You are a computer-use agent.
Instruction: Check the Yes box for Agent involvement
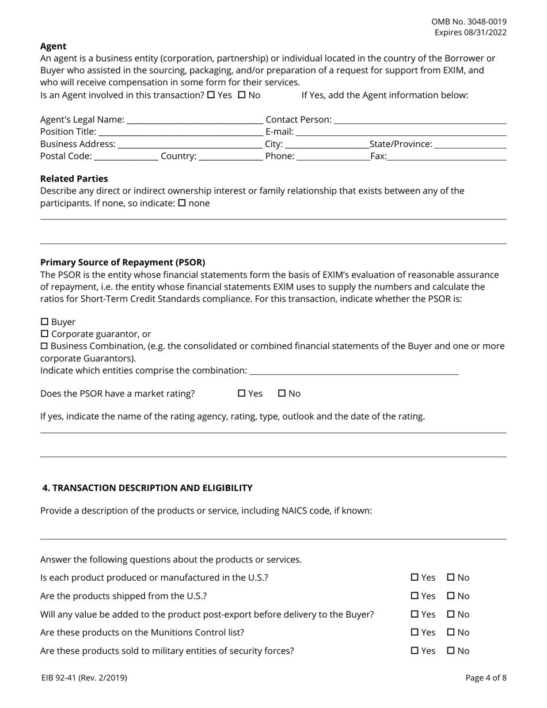[x=211, y=95]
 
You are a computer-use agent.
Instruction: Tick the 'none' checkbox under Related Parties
[x=182, y=203]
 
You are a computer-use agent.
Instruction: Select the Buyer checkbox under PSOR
[x=44, y=322]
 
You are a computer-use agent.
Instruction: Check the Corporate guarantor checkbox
[x=44, y=334]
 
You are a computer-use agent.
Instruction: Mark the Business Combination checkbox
[x=44, y=346]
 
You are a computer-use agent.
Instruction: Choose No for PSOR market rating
[x=282, y=394]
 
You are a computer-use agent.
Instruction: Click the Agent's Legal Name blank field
[x=195, y=120]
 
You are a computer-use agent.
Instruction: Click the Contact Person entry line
[x=420, y=120]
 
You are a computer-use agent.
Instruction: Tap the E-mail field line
[x=401, y=132]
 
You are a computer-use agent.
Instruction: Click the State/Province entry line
[x=470, y=144]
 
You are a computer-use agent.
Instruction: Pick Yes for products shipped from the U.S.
[x=415, y=596]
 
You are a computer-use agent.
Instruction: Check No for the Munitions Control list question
[x=451, y=632]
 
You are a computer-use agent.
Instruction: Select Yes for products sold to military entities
[x=415, y=651]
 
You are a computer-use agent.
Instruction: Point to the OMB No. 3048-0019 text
[x=469, y=21]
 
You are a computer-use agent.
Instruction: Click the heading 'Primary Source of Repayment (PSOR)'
[x=123, y=262]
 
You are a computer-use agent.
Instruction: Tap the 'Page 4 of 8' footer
[x=486, y=677]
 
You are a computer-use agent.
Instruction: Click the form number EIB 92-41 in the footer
[x=84, y=677]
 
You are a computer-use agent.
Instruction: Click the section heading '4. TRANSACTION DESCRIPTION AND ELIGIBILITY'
[x=147, y=488]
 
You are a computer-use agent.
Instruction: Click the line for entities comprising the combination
[x=354, y=371]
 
